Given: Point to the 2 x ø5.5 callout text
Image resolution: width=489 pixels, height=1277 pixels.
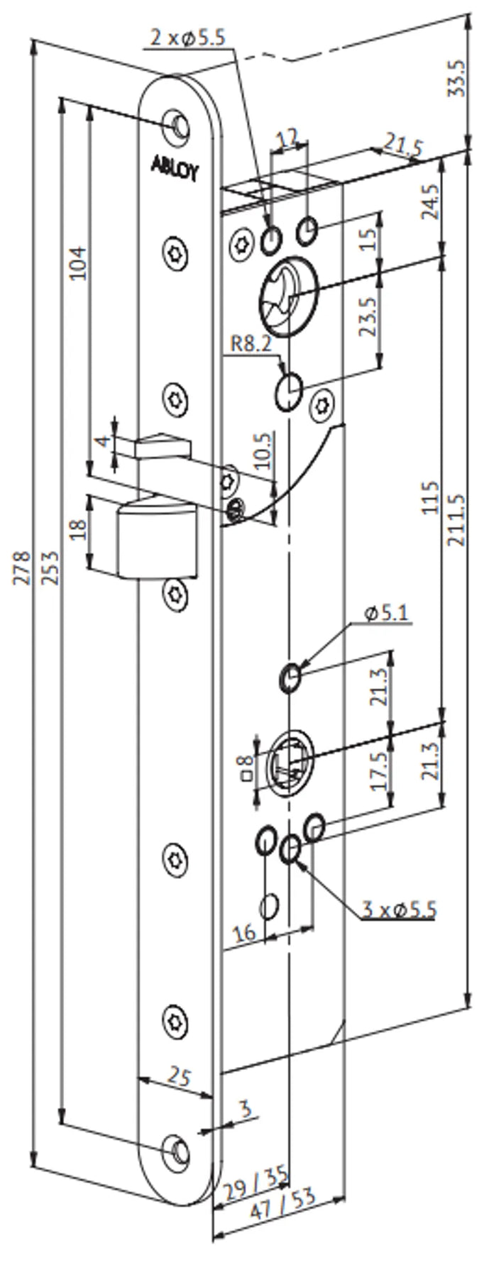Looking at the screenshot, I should pyautogui.click(x=188, y=38).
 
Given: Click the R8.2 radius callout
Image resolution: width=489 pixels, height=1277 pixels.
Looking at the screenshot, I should pyautogui.click(x=251, y=345).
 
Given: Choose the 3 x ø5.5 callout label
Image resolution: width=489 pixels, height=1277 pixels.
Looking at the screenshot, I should pyautogui.click(x=399, y=909).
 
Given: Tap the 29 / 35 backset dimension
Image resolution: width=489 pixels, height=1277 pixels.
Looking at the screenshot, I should pyautogui.click(x=254, y=1184).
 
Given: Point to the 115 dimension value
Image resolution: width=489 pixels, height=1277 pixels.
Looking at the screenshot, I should pyautogui.click(x=430, y=499).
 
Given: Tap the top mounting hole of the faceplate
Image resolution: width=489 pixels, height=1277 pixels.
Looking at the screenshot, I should pyautogui.click(x=177, y=123).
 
